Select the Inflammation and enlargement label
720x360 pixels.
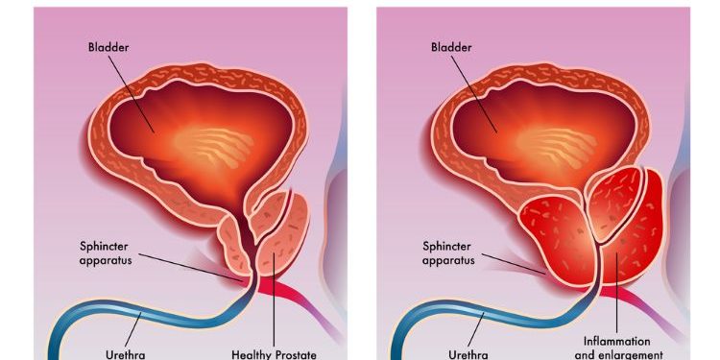616,348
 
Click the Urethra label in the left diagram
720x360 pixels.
127,354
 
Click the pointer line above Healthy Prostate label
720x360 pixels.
274,307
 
